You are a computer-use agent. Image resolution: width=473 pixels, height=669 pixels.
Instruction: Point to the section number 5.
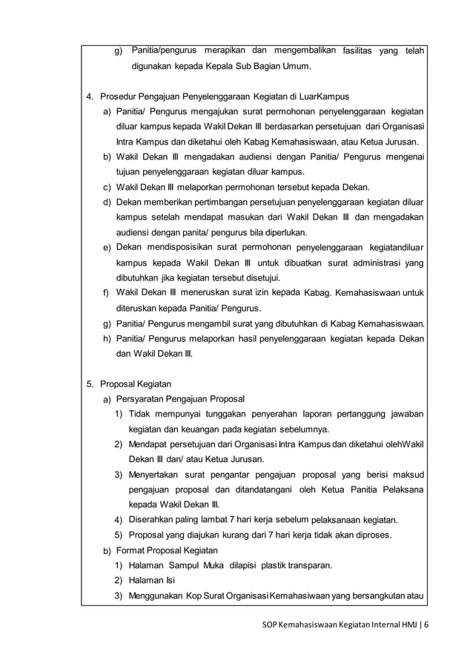point(89,384)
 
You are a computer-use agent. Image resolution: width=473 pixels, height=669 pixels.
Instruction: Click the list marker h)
point(107,339)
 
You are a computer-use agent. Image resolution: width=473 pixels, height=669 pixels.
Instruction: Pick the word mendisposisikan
point(182,247)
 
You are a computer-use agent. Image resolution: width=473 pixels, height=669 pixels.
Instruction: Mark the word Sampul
point(188,565)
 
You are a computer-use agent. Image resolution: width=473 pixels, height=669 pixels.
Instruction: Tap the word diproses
point(363,534)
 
